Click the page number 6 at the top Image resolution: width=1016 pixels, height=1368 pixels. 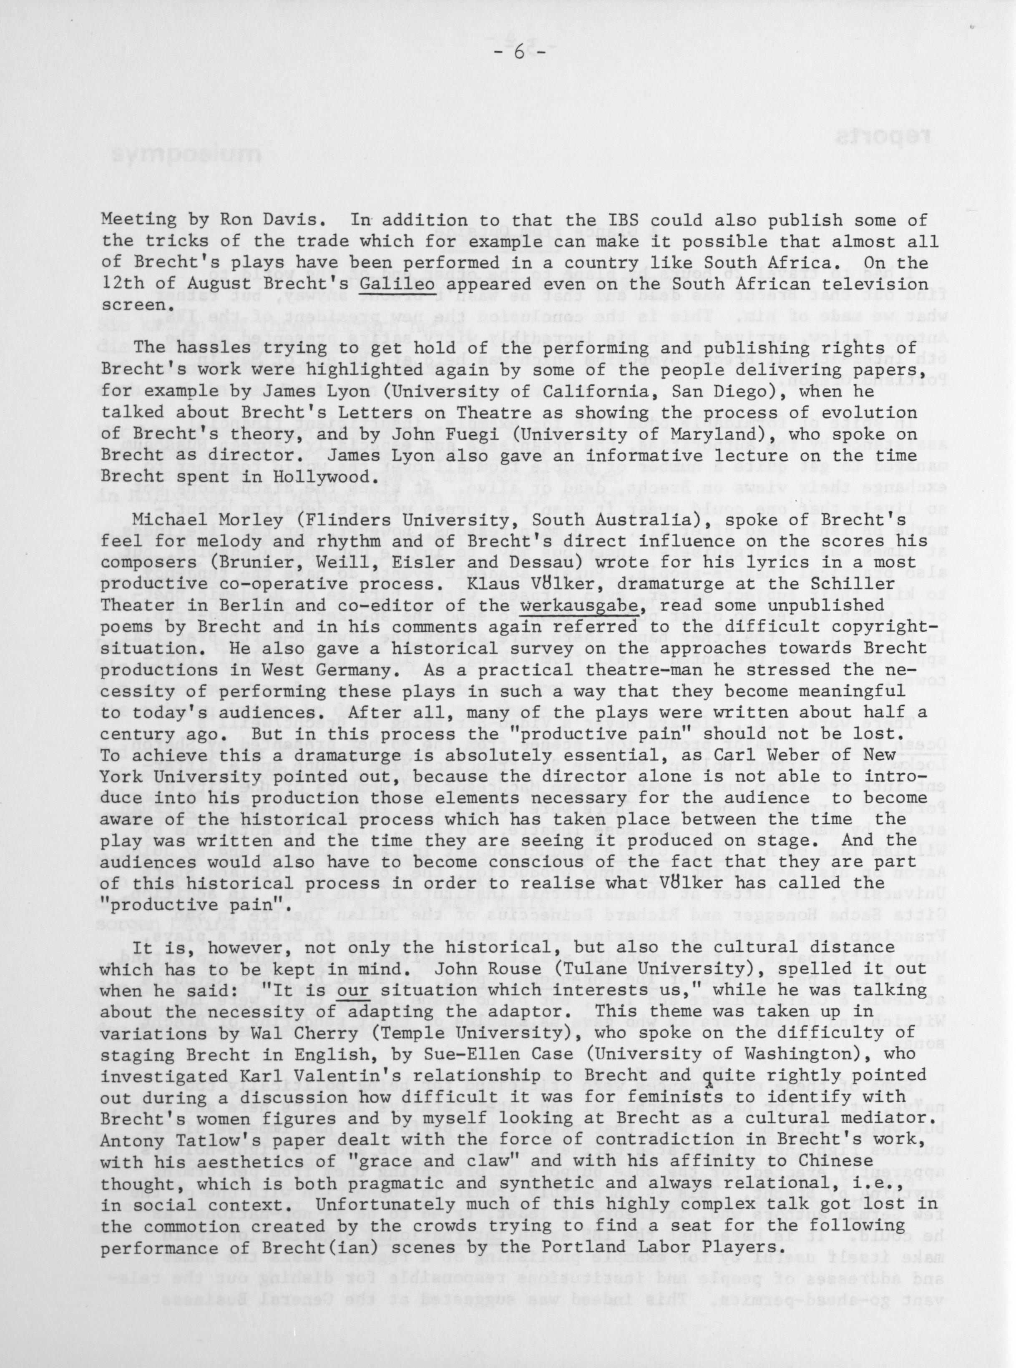[x=518, y=53]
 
